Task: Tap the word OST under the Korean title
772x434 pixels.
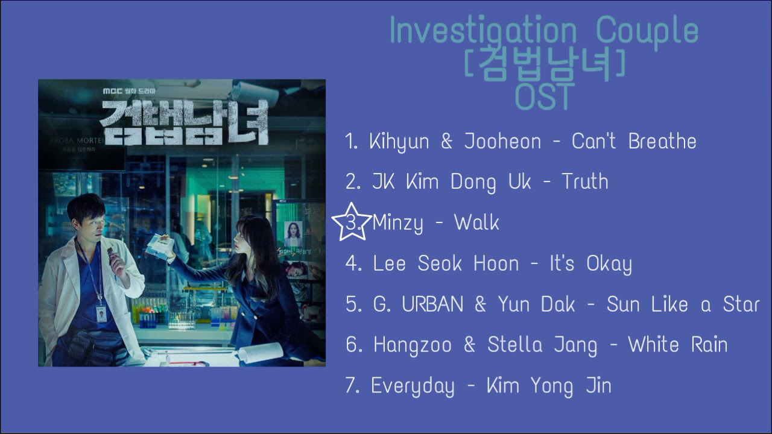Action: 543,96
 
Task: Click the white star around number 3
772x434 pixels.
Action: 352,222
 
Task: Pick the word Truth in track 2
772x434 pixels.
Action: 584,182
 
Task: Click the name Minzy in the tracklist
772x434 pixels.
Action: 397,223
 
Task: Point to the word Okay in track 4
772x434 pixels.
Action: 609,264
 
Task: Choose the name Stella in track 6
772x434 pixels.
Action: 512,345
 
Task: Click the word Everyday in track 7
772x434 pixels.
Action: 413,386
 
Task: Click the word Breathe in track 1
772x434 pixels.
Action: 662,142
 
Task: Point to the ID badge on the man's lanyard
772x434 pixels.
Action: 101,312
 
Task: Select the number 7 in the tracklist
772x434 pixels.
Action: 352,386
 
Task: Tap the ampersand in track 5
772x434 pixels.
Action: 480,304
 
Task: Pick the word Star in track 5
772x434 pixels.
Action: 741,304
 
